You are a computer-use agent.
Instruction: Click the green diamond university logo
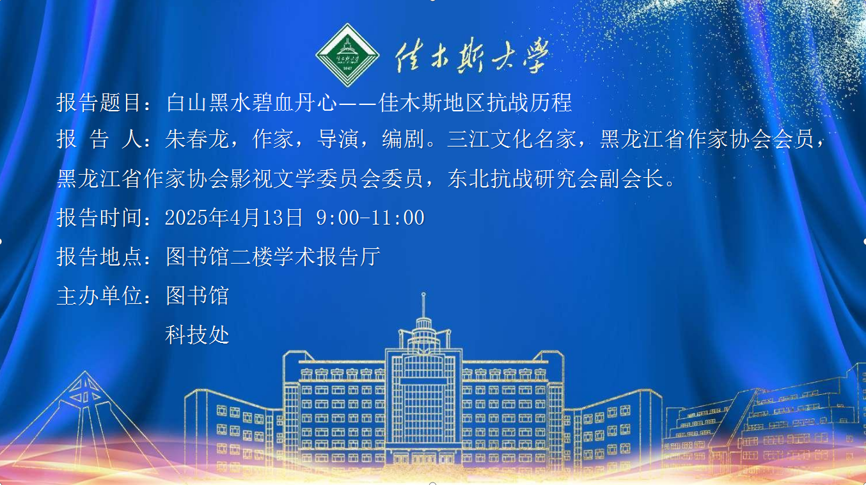[347, 55]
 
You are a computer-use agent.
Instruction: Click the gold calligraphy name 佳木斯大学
[472, 55]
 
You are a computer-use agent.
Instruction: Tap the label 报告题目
[99, 102]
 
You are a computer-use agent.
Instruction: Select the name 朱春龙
[197, 139]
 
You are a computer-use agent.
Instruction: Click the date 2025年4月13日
[233, 218]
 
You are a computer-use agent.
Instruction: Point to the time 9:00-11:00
[370, 218]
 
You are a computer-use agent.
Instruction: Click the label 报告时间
[99, 218]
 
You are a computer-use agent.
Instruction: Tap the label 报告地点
[99, 256]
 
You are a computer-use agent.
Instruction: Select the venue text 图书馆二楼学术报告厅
[273, 256]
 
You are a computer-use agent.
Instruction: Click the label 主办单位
[99, 296]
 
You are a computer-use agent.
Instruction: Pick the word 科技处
[197, 335]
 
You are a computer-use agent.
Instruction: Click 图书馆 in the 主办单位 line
[197, 296]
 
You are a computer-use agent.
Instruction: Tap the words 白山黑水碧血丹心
[251, 102]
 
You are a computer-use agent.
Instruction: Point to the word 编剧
[403, 139]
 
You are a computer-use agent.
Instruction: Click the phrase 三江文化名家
[512, 139]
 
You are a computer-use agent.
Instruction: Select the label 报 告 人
[99, 139]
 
